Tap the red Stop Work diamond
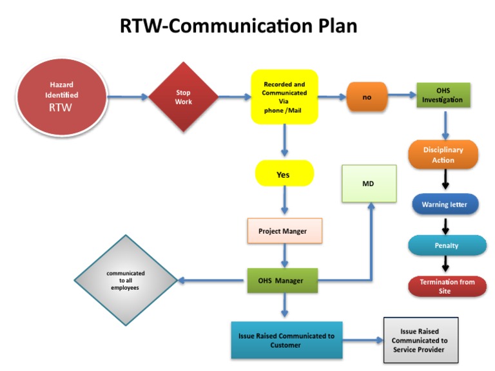tap(184, 97)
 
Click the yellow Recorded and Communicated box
tap(284, 97)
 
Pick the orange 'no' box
tap(367, 97)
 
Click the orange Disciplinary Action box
tap(443, 155)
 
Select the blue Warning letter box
tap(445, 205)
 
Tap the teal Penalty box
tap(447, 245)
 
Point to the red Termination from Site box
tap(447, 286)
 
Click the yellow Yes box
tap(284, 174)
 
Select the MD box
tap(367, 184)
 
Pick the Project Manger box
tap(284, 231)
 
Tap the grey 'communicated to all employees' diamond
tap(125, 280)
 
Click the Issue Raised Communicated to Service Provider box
tap(420, 340)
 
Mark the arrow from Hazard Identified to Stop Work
tap(128, 97)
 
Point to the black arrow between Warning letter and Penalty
tap(445, 225)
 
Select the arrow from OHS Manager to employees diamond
tap(212, 280)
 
